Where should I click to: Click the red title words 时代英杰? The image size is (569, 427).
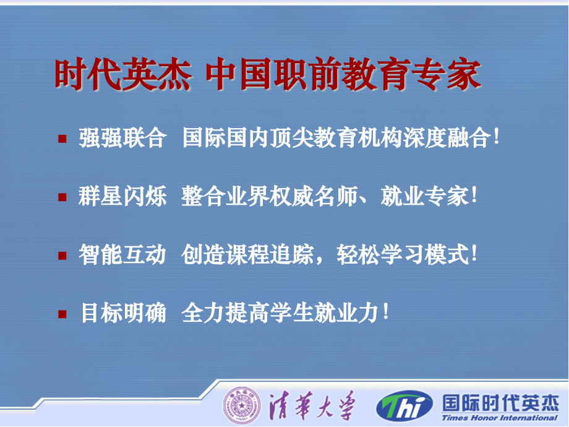coord(122,74)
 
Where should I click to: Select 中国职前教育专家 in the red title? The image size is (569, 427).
coord(343,74)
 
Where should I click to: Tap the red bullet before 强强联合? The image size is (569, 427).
coord(62,139)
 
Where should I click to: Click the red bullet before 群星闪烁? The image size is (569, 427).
coord(62,197)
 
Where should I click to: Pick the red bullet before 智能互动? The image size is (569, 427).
coord(62,256)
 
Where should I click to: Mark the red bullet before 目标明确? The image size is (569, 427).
coord(62,314)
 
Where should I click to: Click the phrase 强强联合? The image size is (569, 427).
coord(122,138)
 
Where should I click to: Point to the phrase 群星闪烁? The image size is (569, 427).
coord(122,196)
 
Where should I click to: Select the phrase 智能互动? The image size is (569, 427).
coord(122,254)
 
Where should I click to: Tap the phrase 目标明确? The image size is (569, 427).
coord(123,313)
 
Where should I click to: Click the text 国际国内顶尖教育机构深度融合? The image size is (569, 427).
coord(336,138)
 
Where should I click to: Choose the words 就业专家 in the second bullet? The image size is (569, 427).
coord(424,196)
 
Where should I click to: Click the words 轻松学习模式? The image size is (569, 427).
coord(403,254)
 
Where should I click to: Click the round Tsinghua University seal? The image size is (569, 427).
coord(242,405)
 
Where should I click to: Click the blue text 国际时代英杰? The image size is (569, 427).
coord(500,403)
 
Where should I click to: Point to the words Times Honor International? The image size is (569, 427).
coord(499,418)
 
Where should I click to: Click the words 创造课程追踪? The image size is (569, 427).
coord(247,254)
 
